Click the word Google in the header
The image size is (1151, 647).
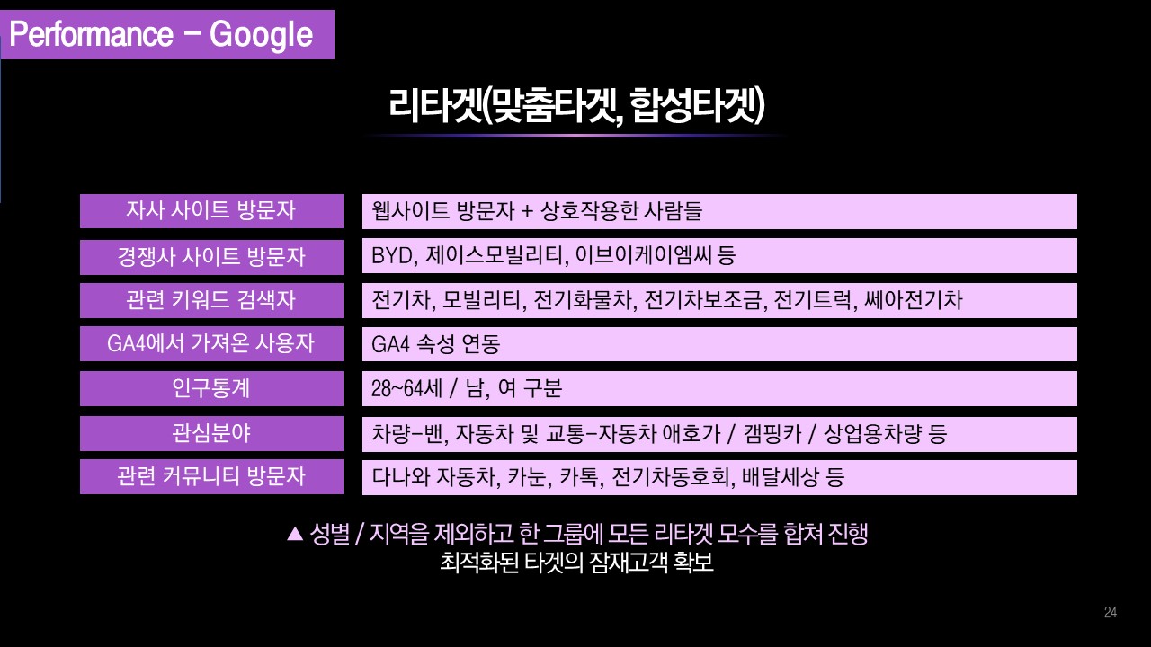[x=261, y=35]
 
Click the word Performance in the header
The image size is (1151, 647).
[x=92, y=34]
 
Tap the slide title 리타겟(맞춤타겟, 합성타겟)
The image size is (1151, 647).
[x=576, y=105]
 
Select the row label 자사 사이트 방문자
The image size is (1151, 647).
[x=211, y=210]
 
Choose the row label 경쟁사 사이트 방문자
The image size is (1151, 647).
[x=211, y=257]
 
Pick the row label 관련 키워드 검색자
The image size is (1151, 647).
[x=211, y=300]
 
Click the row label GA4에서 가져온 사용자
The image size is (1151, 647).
[x=211, y=343]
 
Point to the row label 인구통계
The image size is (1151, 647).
[x=211, y=388]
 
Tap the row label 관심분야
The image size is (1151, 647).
[x=211, y=433]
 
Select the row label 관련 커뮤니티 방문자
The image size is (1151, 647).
[x=211, y=476]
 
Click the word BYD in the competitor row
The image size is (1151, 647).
[x=393, y=256]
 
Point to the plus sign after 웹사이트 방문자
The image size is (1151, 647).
[x=527, y=211]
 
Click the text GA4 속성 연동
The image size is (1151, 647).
[x=436, y=344]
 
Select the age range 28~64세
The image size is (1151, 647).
[x=406, y=388]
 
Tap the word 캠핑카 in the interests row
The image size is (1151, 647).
[x=772, y=434]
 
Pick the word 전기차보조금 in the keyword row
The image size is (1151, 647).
[x=702, y=300]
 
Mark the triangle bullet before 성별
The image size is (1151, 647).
[x=295, y=534]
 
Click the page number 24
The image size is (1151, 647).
[x=1110, y=612]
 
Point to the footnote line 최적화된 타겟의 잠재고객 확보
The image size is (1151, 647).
[x=576, y=563]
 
